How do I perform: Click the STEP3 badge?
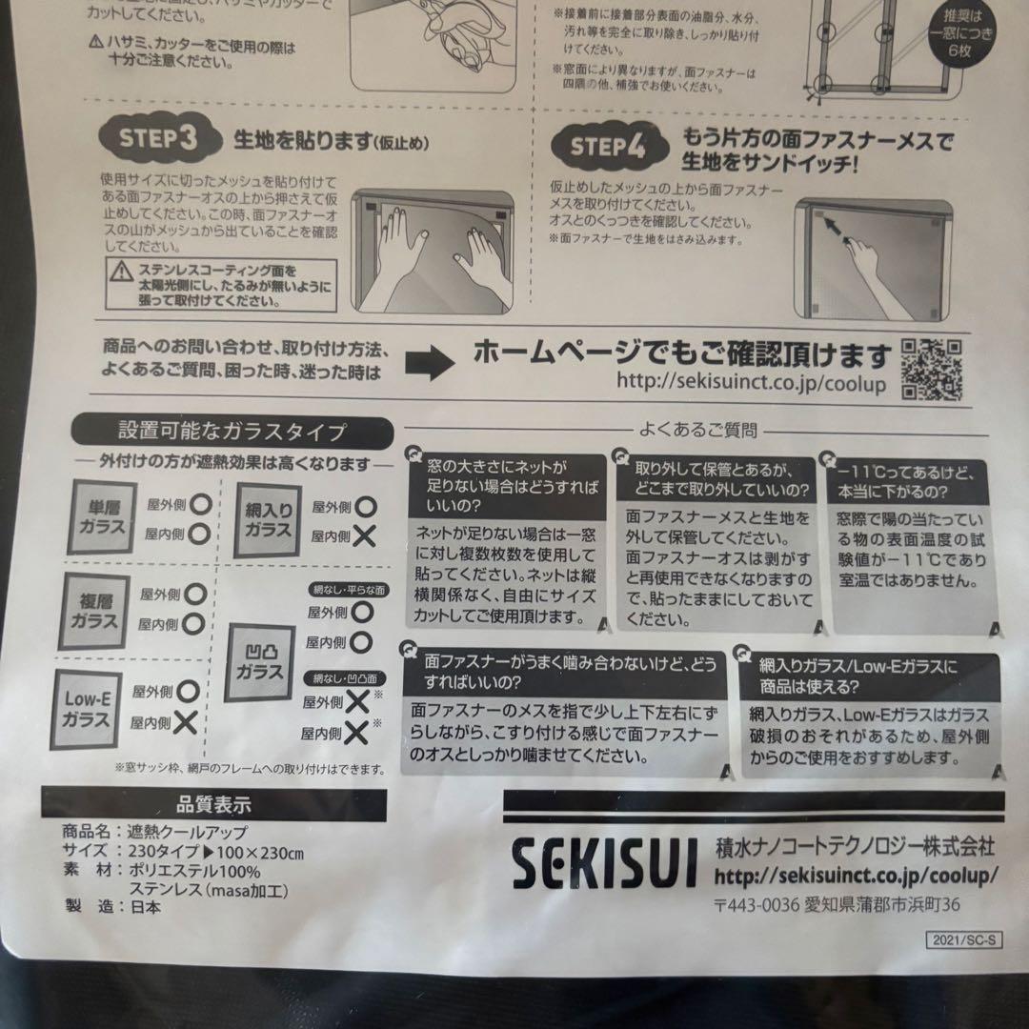pyautogui.click(x=157, y=137)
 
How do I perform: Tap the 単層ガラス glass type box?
pyautogui.click(x=101, y=516)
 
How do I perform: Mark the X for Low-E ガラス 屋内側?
pyautogui.click(x=186, y=722)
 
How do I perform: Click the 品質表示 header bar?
pyautogui.click(x=213, y=805)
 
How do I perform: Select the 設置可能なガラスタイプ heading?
pyautogui.click(x=232, y=431)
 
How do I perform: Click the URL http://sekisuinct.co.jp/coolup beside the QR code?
pyautogui.click(x=751, y=383)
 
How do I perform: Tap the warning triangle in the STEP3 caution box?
pyautogui.click(x=120, y=273)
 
